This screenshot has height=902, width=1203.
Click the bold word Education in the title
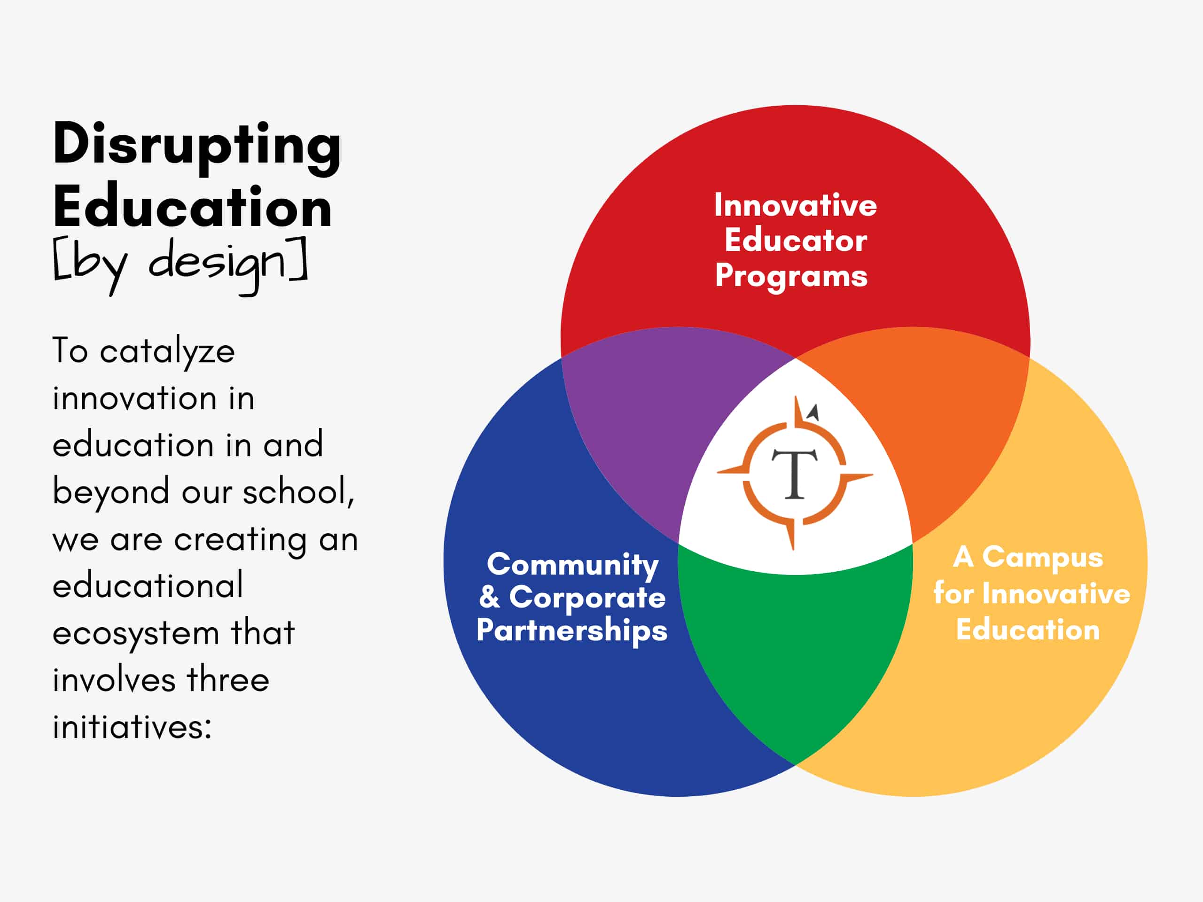click(193, 206)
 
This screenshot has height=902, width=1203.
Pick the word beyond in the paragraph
click(111, 491)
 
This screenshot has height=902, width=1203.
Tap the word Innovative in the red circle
click(796, 205)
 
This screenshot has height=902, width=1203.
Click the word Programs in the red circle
click(791, 276)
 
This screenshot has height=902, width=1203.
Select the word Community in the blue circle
click(573, 565)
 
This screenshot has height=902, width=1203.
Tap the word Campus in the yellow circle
click(1043, 558)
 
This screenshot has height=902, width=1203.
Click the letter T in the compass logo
click(795, 474)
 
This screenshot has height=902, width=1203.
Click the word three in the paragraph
click(228, 680)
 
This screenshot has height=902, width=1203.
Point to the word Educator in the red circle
click(796, 241)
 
